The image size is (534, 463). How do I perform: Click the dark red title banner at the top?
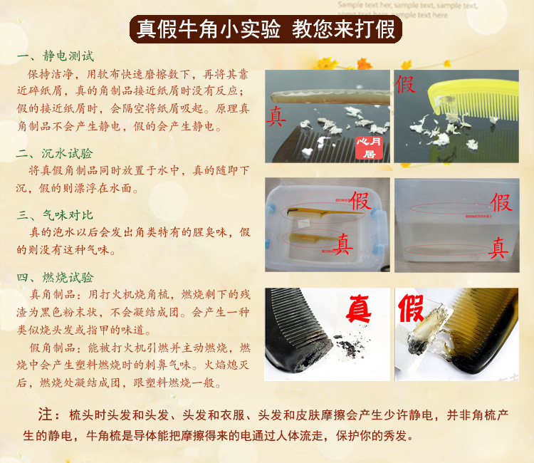(x=266, y=29)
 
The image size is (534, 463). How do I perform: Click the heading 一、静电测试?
(x=55, y=56)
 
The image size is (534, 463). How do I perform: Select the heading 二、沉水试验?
(x=55, y=153)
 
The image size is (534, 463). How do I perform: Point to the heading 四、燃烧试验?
(x=55, y=277)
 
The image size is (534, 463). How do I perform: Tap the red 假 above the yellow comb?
(x=406, y=84)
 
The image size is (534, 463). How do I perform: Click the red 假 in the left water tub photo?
(x=360, y=200)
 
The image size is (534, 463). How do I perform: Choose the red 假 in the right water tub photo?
(x=501, y=203)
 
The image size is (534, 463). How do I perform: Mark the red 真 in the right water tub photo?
(x=498, y=249)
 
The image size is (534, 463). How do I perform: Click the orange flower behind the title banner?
(x=329, y=63)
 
